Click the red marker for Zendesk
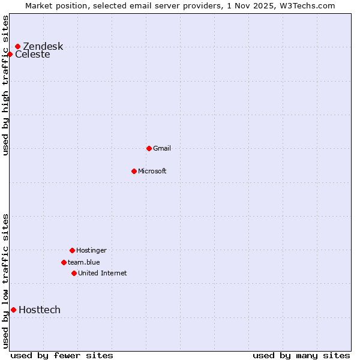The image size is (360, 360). [x=18, y=46]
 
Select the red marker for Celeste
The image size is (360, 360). [x=10, y=55]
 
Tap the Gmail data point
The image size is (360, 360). [x=149, y=148]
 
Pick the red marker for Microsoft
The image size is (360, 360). [x=134, y=171]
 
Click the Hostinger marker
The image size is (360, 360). [x=72, y=250]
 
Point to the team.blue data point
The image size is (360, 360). [x=64, y=262]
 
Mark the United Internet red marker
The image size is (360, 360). [x=74, y=273]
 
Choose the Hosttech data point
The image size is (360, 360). [x=13, y=310]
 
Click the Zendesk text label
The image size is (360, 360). [x=43, y=47]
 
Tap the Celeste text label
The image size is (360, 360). [x=32, y=55]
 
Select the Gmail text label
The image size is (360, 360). [x=162, y=148]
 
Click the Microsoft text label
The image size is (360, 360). [x=152, y=171]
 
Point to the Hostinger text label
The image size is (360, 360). [x=91, y=250]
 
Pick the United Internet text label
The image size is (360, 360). [x=103, y=273]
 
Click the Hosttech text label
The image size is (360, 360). [x=40, y=310]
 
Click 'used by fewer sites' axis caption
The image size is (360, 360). [x=62, y=355]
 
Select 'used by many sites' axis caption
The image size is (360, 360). [x=301, y=355]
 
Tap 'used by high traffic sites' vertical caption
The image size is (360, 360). [x=5, y=85]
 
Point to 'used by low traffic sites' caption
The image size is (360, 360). [x=5, y=281]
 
